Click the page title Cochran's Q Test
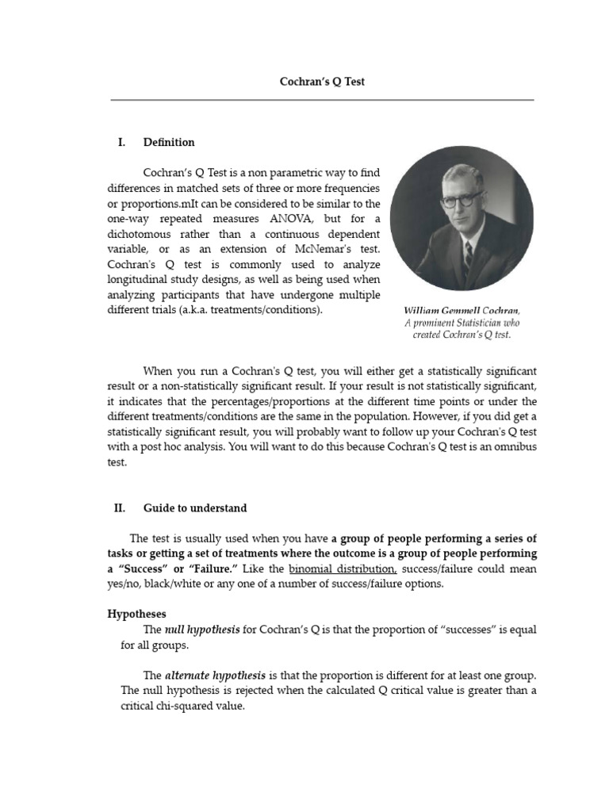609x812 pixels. (x=322, y=82)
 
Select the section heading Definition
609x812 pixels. (x=168, y=143)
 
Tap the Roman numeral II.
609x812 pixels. (x=121, y=508)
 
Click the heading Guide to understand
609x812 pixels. (x=195, y=508)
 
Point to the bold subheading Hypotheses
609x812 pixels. (x=136, y=613)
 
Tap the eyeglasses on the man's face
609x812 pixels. (x=460, y=200)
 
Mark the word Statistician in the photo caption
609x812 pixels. (x=474, y=323)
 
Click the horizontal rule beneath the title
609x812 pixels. (x=322, y=100)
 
